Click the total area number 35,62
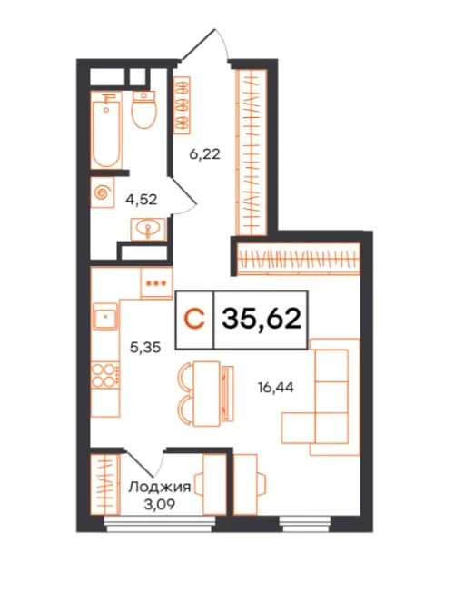(x=262, y=319)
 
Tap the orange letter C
(x=194, y=319)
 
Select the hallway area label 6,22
(x=204, y=154)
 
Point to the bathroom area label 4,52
(x=142, y=200)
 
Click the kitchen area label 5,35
(x=145, y=347)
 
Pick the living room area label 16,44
(x=276, y=387)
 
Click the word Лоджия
(x=160, y=487)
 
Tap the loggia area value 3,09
(x=159, y=505)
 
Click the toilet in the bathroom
(x=144, y=109)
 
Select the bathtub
(x=106, y=130)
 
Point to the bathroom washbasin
(x=148, y=229)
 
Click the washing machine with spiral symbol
(x=103, y=192)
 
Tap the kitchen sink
(x=105, y=316)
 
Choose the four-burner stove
(x=105, y=375)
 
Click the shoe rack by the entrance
(x=182, y=105)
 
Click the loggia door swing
(x=145, y=465)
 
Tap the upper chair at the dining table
(x=185, y=377)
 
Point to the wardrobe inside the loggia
(x=105, y=484)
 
